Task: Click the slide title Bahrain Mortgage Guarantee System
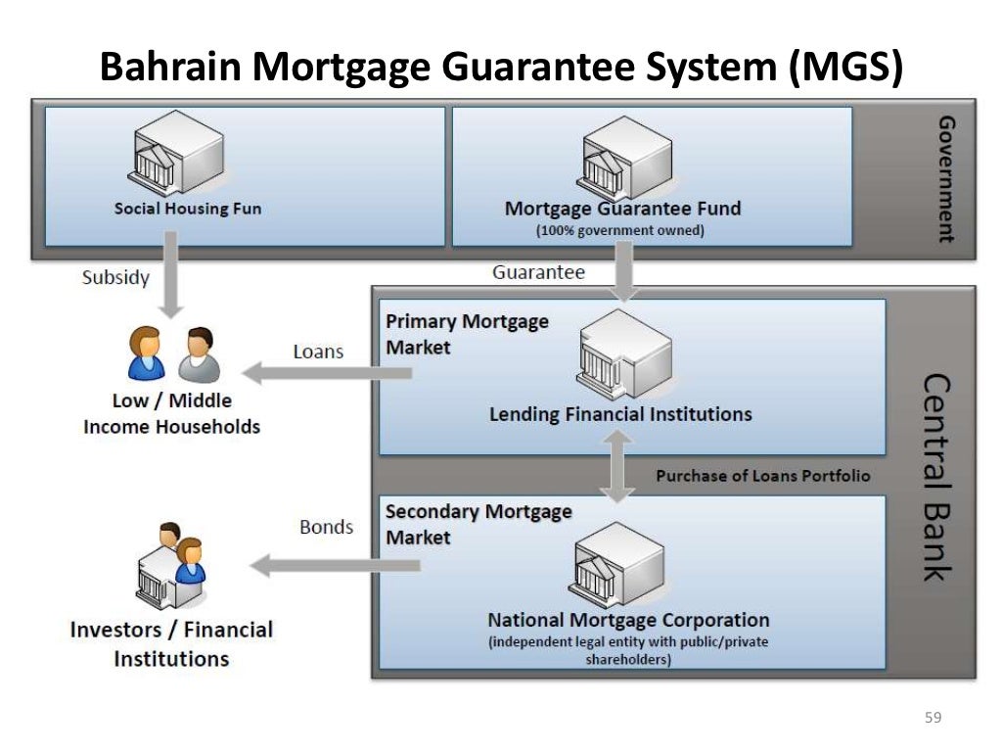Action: pyautogui.click(x=501, y=68)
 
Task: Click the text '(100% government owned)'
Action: pyautogui.click(x=619, y=231)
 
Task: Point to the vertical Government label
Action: pyautogui.click(x=945, y=178)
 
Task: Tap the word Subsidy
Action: pyautogui.click(x=115, y=277)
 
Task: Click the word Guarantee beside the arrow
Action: pyautogui.click(x=538, y=272)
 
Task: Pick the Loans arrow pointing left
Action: pyautogui.click(x=328, y=372)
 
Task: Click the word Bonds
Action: pyautogui.click(x=326, y=527)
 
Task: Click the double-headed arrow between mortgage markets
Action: pyautogui.click(x=616, y=466)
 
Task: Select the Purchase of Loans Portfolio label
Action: pyautogui.click(x=762, y=476)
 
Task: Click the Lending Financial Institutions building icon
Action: pyautogui.click(x=624, y=354)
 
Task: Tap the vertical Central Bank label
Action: pyautogui.click(x=936, y=476)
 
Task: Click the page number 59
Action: pyautogui.click(x=933, y=719)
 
